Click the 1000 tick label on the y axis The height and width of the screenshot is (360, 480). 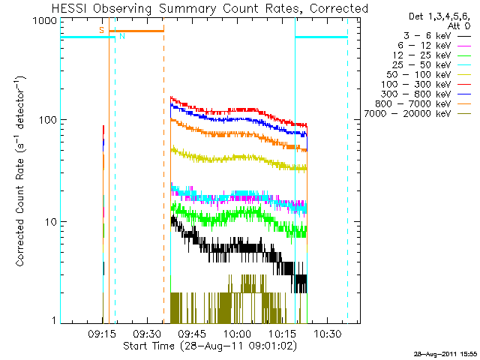[x=44, y=21]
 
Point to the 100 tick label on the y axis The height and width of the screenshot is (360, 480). [x=47, y=120]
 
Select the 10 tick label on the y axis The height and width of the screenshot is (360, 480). [x=50, y=222]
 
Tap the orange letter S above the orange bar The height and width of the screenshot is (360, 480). [x=102, y=30]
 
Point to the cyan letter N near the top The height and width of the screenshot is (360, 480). [x=122, y=36]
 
